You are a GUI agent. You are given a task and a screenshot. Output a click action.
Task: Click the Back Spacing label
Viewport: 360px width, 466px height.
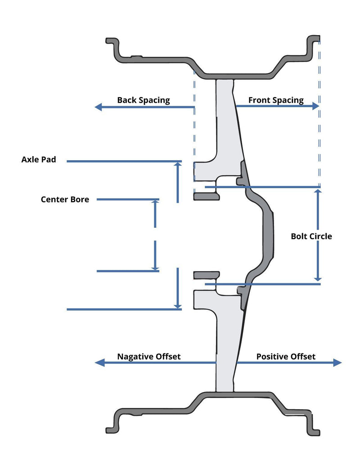(143, 100)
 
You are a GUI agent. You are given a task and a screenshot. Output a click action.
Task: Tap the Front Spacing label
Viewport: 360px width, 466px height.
(276, 100)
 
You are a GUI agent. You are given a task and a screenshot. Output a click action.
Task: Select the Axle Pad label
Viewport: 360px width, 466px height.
(39, 159)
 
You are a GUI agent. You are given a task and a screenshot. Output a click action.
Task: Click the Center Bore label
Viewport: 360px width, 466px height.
(65, 199)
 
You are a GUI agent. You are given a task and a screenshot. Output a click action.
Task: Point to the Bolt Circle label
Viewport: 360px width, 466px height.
(311, 236)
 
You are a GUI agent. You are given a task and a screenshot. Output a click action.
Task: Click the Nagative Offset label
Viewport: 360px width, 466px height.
(148, 357)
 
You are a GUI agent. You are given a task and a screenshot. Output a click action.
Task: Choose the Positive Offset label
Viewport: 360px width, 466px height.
(286, 357)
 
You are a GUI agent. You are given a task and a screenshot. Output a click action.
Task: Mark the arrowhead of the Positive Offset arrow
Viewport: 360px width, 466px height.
(338, 363)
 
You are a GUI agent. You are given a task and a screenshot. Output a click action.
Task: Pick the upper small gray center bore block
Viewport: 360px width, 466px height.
(206, 196)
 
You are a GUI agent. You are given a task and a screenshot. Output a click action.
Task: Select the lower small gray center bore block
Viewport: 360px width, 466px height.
(206, 275)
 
